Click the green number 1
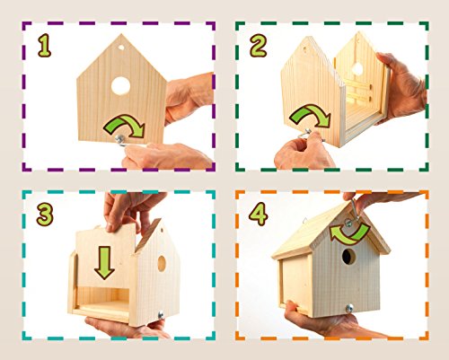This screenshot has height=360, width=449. [45, 46]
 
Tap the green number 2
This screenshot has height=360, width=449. [258, 46]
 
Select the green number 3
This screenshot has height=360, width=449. [45, 215]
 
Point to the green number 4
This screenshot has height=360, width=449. [259, 214]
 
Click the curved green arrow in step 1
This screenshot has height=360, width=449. [126, 122]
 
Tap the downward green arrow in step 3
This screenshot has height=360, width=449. [104, 263]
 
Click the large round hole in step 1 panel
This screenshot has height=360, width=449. [120, 86]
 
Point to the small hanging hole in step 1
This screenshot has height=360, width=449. [121, 48]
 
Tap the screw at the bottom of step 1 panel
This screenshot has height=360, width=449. [120, 138]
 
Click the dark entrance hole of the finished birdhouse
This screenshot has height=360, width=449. [348, 257]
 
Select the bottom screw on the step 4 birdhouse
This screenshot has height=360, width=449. [349, 308]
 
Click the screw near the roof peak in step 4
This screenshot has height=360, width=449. [348, 223]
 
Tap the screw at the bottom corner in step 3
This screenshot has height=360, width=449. [161, 315]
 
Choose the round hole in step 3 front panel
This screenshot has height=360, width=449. [162, 264]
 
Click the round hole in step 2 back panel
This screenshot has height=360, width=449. [357, 69]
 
